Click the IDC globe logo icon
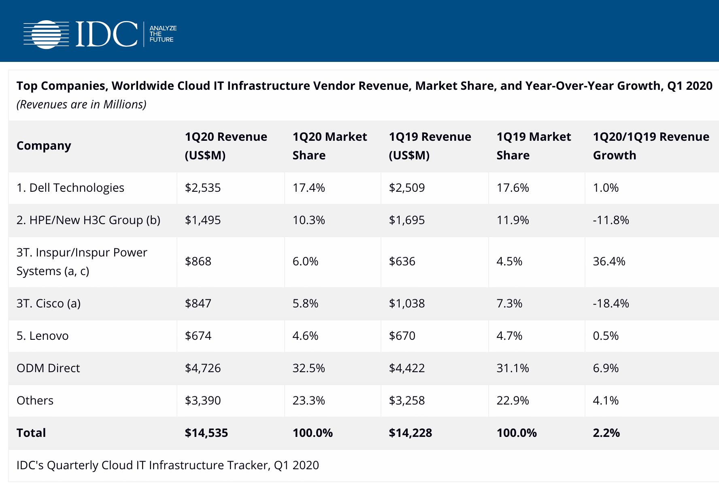coord(47,34)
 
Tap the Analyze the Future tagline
coord(163,34)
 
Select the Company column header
coord(44,146)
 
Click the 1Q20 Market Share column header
coord(330,146)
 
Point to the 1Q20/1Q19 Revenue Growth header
coord(651,146)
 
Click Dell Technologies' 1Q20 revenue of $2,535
coord(203,188)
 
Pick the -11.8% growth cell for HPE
coord(611,220)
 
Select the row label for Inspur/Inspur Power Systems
coord(81,262)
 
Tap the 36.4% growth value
coord(609,261)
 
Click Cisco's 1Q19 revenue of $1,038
coord(406,303)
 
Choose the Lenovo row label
coord(43,336)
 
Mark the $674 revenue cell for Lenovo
coord(198,336)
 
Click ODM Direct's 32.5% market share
coord(308,368)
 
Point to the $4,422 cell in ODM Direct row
coord(406,368)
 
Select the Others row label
coord(35,400)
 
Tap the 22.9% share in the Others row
coord(513,400)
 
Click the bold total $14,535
coord(206,433)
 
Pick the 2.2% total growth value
coord(606,433)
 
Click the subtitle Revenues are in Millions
coord(81,104)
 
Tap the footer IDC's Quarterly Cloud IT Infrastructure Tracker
coord(168,465)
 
